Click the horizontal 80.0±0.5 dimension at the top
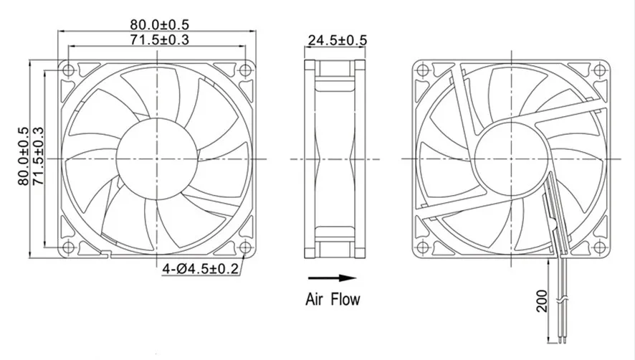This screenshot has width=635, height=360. pyautogui.click(x=159, y=24)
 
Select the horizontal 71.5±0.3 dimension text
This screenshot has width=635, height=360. pyautogui.click(x=159, y=39)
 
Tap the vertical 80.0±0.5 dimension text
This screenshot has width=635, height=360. pyautogui.click(x=23, y=156)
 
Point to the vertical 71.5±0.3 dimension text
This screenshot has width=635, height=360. pyautogui.click(x=38, y=156)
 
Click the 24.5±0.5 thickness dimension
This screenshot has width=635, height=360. pyautogui.click(x=338, y=40)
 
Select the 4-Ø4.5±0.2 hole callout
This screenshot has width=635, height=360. pyautogui.click(x=201, y=268)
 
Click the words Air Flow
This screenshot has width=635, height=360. pyautogui.click(x=333, y=299)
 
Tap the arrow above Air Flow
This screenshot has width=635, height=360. pyautogui.click(x=332, y=278)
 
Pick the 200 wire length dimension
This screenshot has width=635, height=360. pyautogui.click(x=542, y=300)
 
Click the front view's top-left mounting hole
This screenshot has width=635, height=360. pyautogui.click(x=68, y=70)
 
